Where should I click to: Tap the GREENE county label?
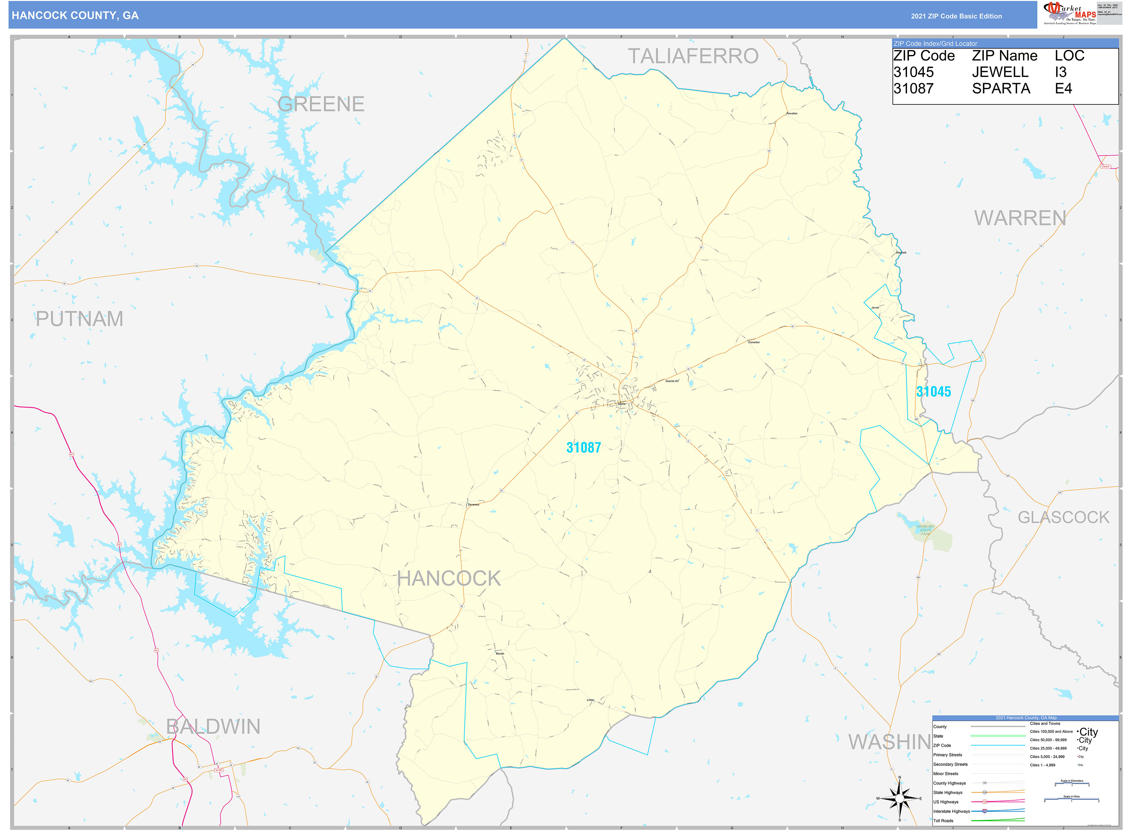tap(321, 104)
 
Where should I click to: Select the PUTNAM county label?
tap(80, 319)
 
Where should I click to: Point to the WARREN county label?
tap(1020, 218)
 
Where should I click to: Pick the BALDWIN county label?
tap(213, 727)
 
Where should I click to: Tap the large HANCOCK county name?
tap(449, 579)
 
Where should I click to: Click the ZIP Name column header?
tap(1004, 56)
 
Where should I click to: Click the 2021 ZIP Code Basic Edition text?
tap(956, 16)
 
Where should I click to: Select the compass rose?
tap(900, 798)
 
